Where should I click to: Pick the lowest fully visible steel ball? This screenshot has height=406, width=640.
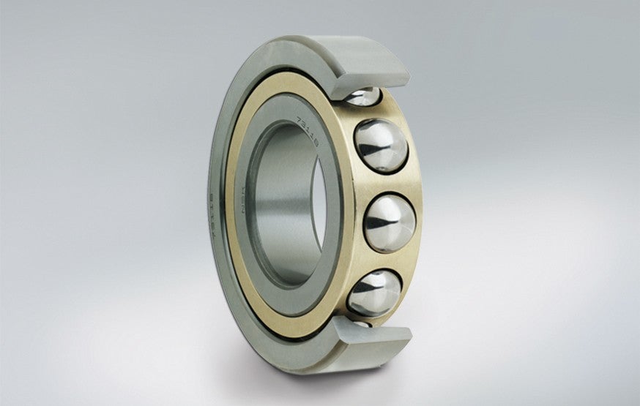(373, 293)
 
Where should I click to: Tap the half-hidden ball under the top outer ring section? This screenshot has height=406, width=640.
(362, 96)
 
